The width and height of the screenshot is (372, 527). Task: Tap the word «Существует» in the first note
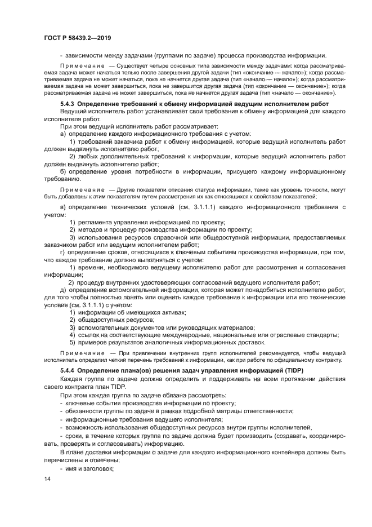pyautogui.click(x=131, y=67)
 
